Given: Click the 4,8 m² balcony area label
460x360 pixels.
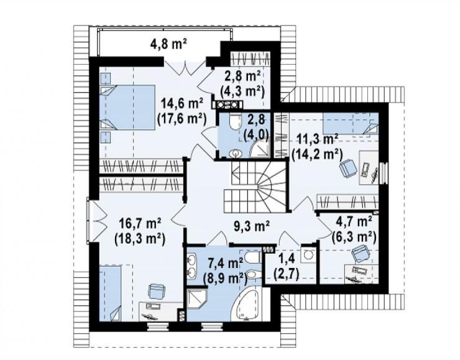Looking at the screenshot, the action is coord(168,45).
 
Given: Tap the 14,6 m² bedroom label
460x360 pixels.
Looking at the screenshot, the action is coord(182,104).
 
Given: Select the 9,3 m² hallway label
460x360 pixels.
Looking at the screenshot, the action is coord(252,226).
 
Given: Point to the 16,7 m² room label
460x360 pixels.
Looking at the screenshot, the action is coord(140,224).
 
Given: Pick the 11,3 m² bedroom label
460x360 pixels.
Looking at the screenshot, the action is coord(317,139).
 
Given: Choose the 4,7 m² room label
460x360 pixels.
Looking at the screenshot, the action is coord(354,222).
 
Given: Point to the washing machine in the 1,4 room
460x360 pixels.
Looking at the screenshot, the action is coord(308,256).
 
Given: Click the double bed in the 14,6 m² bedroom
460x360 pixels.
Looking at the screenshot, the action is coord(127,107).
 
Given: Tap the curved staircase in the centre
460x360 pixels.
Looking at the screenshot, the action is coord(255,187).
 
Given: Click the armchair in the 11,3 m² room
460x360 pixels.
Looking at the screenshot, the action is coord(348,167).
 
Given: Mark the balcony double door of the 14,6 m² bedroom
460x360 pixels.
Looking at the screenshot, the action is coord(185,68).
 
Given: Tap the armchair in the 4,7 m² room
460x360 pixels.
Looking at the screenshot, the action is coord(359,253).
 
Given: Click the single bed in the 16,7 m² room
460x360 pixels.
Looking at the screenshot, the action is coord(110,293).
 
